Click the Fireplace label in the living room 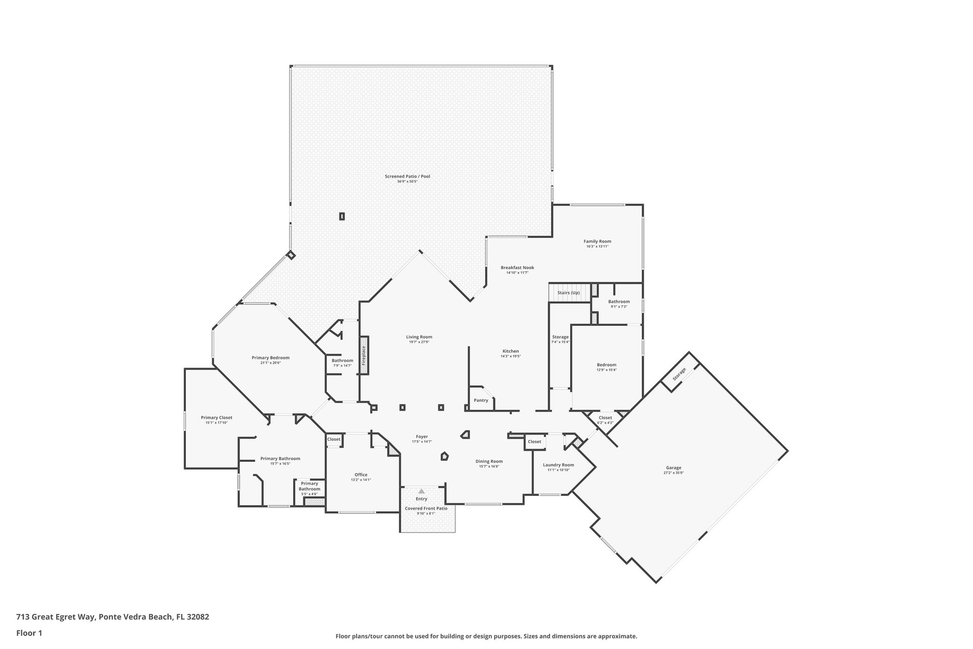pyautogui.click(x=364, y=355)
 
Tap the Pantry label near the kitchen pyautogui.click(x=481, y=400)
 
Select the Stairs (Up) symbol pyautogui.click(x=569, y=292)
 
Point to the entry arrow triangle pyautogui.click(x=421, y=491)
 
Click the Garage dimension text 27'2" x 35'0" pyautogui.click(x=673, y=473)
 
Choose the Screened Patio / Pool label pyautogui.click(x=407, y=176)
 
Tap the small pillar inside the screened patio pyautogui.click(x=342, y=216)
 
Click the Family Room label pyautogui.click(x=597, y=241)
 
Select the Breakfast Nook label pyautogui.click(x=517, y=267)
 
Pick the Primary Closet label pyautogui.click(x=216, y=417)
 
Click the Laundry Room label pyautogui.click(x=558, y=465)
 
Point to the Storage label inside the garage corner pyautogui.click(x=679, y=374)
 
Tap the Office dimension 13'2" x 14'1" pyautogui.click(x=361, y=480)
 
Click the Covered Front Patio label pyautogui.click(x=426, y=508)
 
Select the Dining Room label pyautogui.click(x=489, y=461)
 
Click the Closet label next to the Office pyautogui.click(x=334, y=439)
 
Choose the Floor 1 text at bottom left pyautogui.click(x=29, y=633)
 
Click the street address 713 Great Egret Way pyautogui.click(x=113, y=617)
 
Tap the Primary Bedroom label pyautogui.click(x=270, y=358)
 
